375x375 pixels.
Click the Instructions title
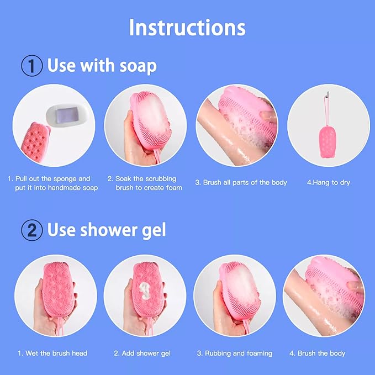pyautogui.click(x=187, y=28)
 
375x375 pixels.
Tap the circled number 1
pyautogui.click(x=32, y=66)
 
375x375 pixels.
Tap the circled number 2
pyautogui.click(x=32, y=230)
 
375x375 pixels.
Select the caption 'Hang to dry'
pyautogui.click(x=329, y=183)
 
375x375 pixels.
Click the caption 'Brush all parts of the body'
pyautogui.click(x=241, y=183)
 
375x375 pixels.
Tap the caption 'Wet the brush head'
pyautogui.click(x=52, y=353)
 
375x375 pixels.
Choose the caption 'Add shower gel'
pyautogui.click(x=142, y=353)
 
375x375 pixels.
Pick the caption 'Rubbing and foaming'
pyautogui.click(x=235, y=353)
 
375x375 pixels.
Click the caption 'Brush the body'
pyautogui.click(x=318, y=353)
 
